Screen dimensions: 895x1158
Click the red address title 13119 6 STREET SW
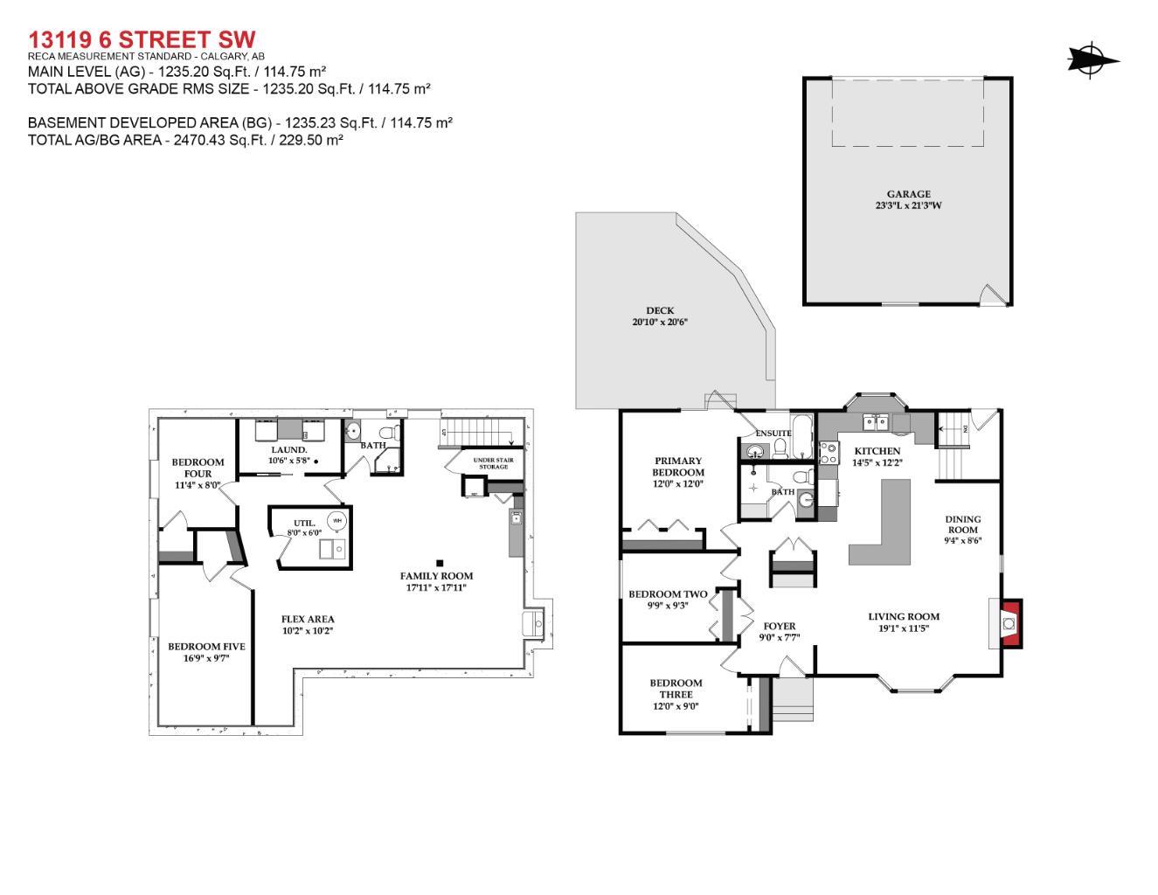[x=142, y=40]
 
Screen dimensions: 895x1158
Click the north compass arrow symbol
[x=1092, y=60]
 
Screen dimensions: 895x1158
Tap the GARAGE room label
[x=908, y=194]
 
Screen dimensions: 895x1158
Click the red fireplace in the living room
[x=1010, y=624]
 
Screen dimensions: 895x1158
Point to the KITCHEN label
[x=877, y=451]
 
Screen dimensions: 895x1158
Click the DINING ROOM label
[x=962, y=524]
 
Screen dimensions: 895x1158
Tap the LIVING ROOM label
[x=904, y=616]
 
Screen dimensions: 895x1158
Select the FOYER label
[x=780, y=626]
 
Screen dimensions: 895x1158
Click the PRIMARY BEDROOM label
[x=677, y=467]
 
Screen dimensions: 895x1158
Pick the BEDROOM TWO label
[x=668, y=594]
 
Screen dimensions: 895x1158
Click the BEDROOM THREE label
[x=676, y=689]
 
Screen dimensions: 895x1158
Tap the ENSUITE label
[x=773, y=434]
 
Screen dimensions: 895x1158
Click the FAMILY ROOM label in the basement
[x=436, y=576]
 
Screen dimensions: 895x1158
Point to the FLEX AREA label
[x=308, y=619]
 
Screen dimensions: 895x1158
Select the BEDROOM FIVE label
[x=206, y=647]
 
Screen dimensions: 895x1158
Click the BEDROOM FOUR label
[x=198, y=468]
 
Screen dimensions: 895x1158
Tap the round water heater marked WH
[x=336, y=521]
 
